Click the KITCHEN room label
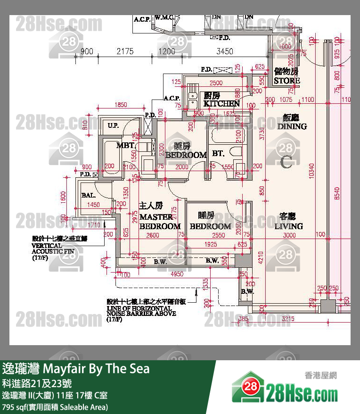coord(221,103)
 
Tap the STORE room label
coord(287,81)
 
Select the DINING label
coord(292,126)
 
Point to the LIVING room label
coord(288,226)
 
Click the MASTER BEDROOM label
coord(160,222)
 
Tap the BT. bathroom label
coord(218,153)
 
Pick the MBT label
coord(125,145)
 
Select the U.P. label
coord(113,125)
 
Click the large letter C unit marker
coord(286,162)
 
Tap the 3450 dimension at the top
coord(224,51)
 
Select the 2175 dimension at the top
coord(125,51)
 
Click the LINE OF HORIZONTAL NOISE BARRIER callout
coord(141,310)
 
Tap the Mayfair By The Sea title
coord(76,368)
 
